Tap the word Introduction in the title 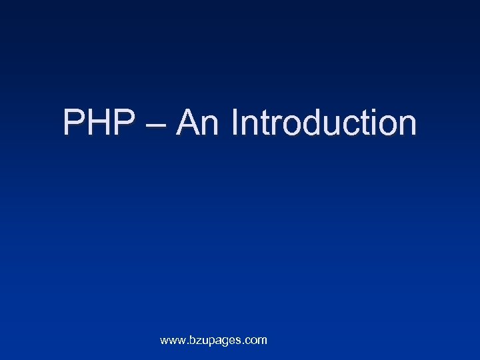324,123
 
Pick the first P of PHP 73,123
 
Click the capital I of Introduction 235,123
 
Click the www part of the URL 172,341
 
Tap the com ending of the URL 256,341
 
